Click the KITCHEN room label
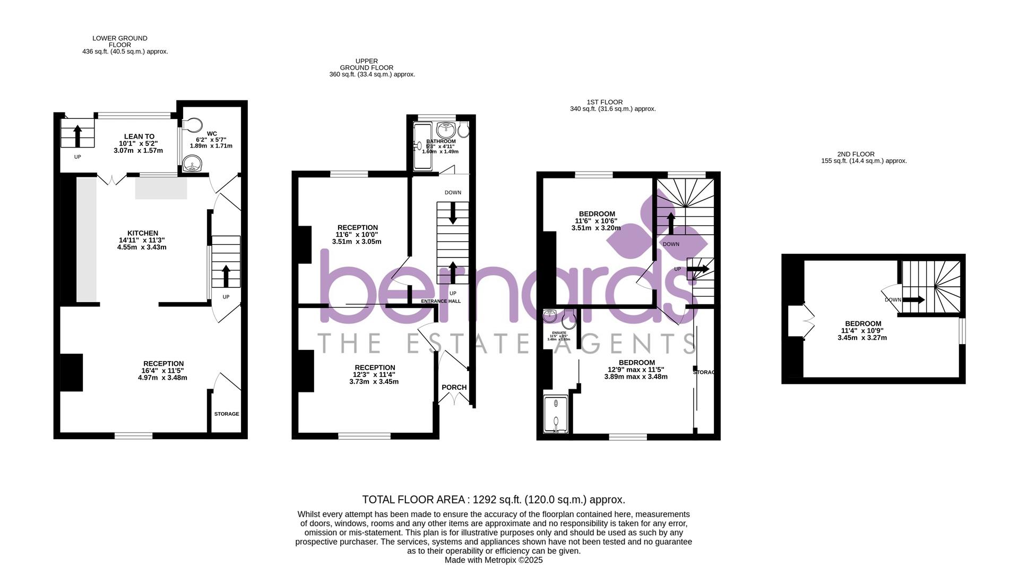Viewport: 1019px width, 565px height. (x=142, y=233)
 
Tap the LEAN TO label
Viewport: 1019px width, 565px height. (x=139, y=136)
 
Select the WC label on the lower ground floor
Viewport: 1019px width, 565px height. (x=212, y=134)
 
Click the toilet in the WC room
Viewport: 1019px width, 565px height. (x=194, y=125)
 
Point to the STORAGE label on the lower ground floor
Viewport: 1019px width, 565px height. (x=227, y=414)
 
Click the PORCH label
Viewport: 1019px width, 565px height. (x=454, y=387)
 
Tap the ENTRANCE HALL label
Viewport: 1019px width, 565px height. (x=441, y=301)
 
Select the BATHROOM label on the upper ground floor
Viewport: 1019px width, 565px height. (x=441, y=141)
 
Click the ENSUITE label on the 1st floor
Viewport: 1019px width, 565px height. (x=559, y=333)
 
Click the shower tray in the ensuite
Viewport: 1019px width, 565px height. (x=556, y=414)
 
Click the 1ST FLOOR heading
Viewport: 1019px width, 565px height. (x=605, y=102)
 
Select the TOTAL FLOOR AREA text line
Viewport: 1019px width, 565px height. (x=494, y=500)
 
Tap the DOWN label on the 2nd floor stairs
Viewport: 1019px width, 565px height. (x=893, y=300)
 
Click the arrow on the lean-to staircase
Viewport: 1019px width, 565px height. (x=77, y=135)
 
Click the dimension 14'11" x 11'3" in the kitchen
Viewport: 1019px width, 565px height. (x=142, y=240)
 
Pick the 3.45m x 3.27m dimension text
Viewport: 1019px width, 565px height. (x=862, y=338)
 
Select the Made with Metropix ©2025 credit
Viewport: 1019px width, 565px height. (x=494, y=560)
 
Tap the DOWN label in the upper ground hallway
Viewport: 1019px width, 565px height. (x=453, y=193)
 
